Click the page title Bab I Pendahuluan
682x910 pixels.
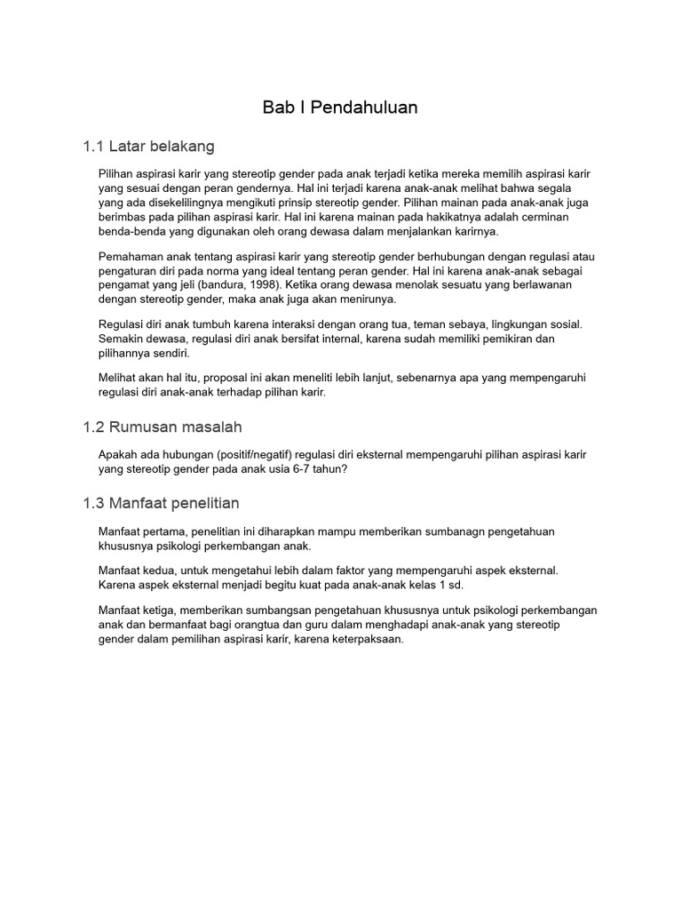(340, 108)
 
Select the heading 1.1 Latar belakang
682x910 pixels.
(148, 146)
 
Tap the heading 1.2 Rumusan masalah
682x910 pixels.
(162, 427)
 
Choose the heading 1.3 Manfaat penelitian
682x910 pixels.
(161, 504)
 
